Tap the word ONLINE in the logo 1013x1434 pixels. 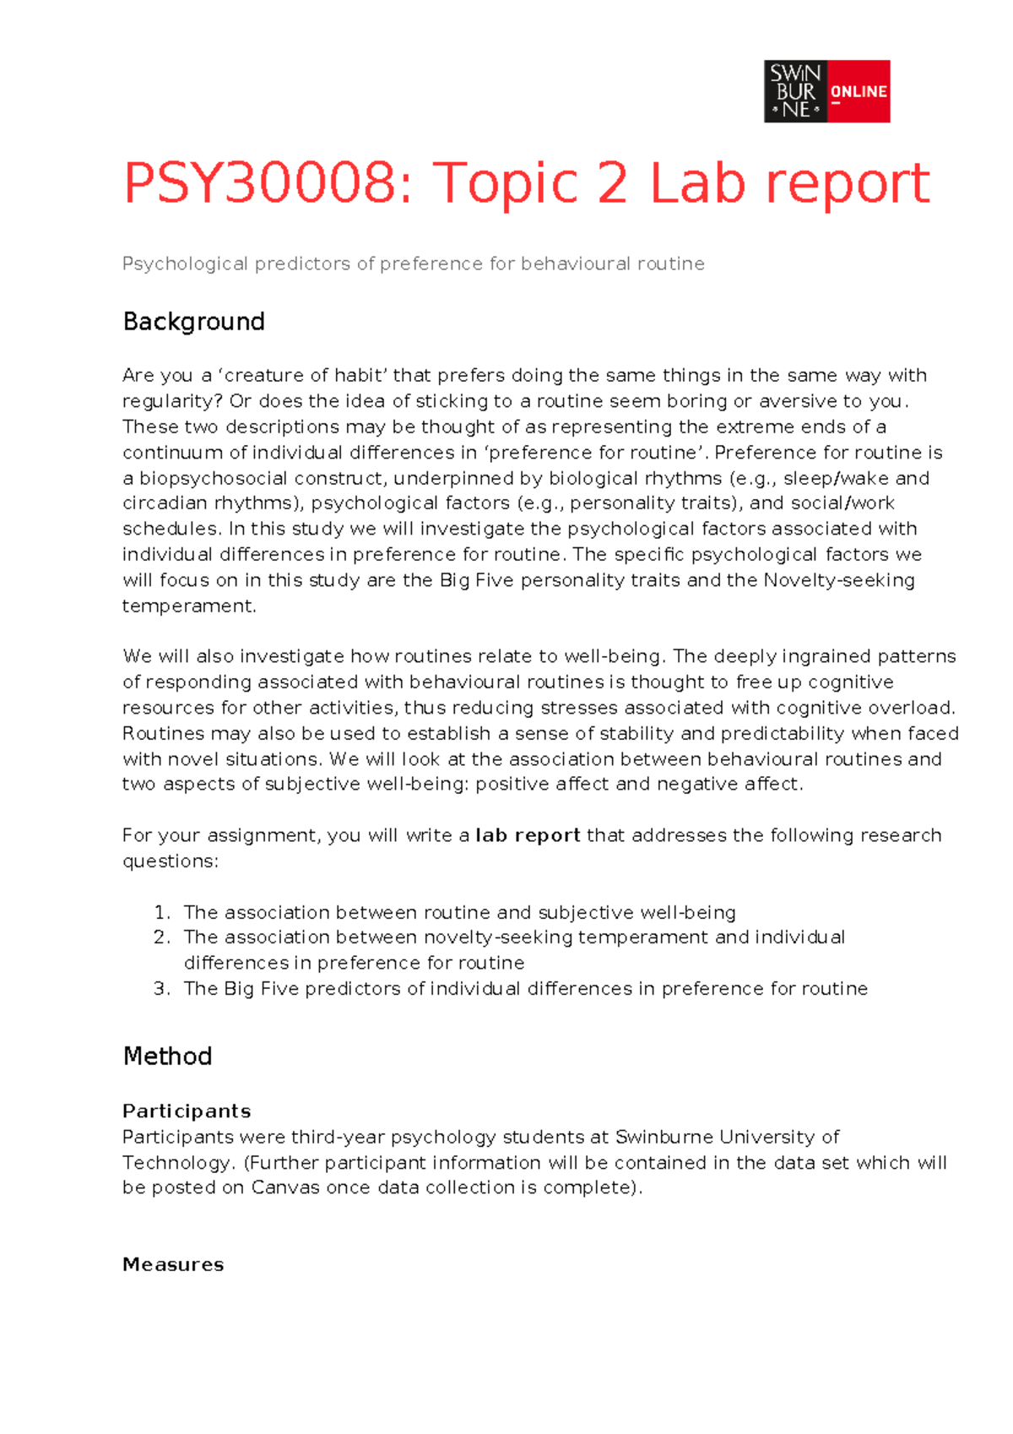pyautogui.click(x=859, y=91)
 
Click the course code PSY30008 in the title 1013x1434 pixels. pyautogui.click(x=258, y=183)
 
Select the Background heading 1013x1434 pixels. pyautogui.click(x=193, y=322)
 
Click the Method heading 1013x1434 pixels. pyautogui.click(x=167, y=1056)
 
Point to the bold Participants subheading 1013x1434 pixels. pyautogui.click(x=187, y=1111)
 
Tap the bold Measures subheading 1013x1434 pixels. pyautogui.click(x=173, y=1264)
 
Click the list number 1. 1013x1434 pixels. pyautogui.click(x=162, y=913)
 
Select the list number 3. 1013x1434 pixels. pyautogui.click(x=162, y=989)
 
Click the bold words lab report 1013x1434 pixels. pyautogui.click(x=528, y=835)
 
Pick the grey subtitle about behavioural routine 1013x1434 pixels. pyautogui.click(x=413, y=263)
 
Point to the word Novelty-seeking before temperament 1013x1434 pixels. pyautogui.click(x=839, y=580)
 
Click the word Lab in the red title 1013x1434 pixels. pyautogui.click(x=697, y=183)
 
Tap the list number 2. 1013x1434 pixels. pyautogui.click(x=162, y=937)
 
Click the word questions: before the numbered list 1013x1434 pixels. pyautogui.click(x=171, y=861)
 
